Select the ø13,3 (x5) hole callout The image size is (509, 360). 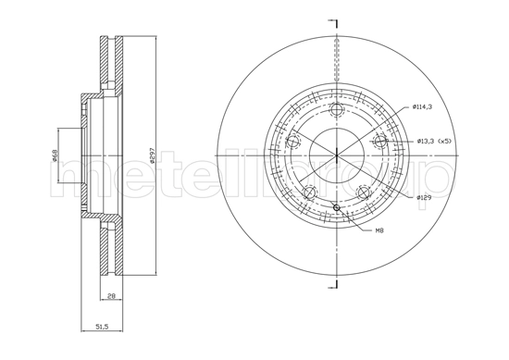coord(432,141)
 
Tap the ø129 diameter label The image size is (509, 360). coord(424,197)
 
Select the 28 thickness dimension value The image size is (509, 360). coord(110,296)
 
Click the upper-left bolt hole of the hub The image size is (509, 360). coord(295,141)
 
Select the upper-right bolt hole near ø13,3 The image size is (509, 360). coord(379,141)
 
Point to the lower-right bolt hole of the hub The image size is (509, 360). coord(363,191)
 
